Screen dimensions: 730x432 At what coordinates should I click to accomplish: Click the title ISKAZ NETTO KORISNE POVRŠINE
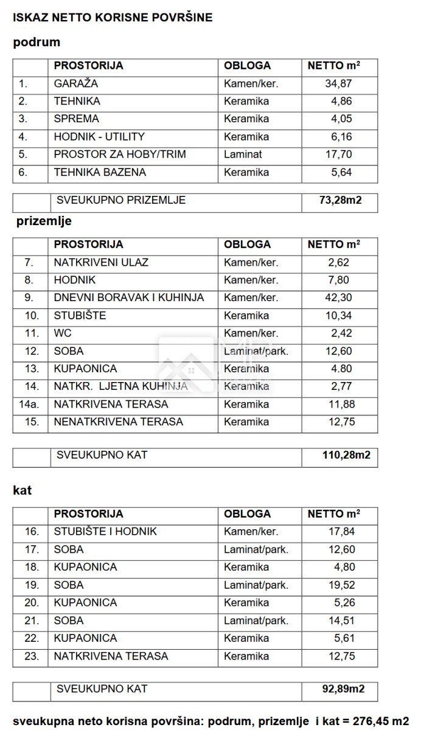point(113,18)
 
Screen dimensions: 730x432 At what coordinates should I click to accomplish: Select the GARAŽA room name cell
point(76,84)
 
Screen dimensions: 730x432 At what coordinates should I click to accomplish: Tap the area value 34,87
point(339,84)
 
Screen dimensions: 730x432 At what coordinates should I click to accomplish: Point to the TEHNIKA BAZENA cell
point(100,172)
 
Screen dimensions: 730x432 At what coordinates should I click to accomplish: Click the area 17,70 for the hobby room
point(339,155)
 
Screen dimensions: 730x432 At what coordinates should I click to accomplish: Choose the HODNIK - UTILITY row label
point(99,137)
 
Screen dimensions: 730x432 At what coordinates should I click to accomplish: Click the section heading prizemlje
point(44,221)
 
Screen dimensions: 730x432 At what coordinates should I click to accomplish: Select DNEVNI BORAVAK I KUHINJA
point(129,298)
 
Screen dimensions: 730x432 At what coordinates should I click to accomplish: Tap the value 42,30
point(339,298)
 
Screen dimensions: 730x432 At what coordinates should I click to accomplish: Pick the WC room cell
point(63,333)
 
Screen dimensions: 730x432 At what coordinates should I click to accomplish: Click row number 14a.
point(29,404)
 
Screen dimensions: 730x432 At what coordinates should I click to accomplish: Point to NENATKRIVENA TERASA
point(118,422)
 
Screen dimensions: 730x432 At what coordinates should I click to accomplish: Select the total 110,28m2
point(346,455)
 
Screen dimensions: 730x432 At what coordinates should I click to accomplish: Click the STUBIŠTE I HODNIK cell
point(105,532)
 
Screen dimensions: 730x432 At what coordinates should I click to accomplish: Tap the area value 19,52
point(341,585)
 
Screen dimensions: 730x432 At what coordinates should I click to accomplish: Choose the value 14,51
point(341,620)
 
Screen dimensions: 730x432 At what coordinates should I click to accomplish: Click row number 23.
point(32,656)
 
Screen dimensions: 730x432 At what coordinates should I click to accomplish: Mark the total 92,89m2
point(343,689)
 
